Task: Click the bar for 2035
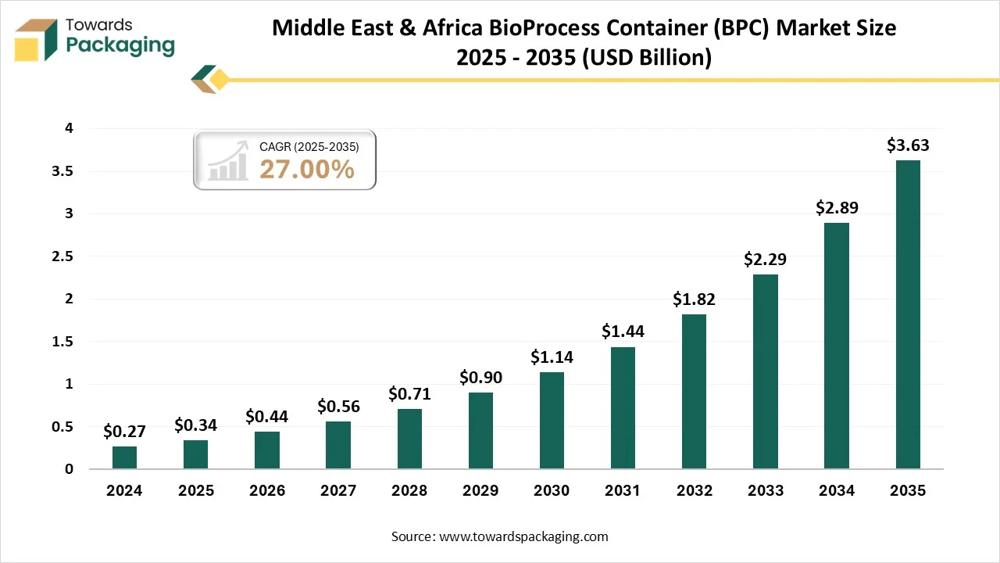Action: click(908, 314)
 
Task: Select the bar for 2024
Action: click(124, 457)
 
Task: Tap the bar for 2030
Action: click(552, 421)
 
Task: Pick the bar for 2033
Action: click(766, 371)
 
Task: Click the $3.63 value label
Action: click(908, 145)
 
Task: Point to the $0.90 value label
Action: click(480, 377)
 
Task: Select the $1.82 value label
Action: click(694, 299)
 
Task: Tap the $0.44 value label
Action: click(266, 417)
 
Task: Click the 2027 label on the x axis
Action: click(337, 491)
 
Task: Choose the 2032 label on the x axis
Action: click(694, 491)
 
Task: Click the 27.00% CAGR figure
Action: click(307, 169)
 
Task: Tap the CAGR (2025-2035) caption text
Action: click(309, 146)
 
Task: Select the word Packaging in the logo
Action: click(120, 45)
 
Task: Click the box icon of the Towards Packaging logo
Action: click(36, 40)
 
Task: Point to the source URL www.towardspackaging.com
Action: click(523, 536)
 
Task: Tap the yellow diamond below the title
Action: click(220, 79)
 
